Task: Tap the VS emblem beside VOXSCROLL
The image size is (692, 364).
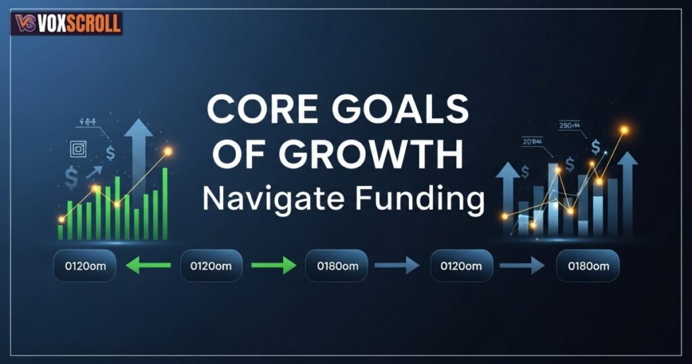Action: tap(24, 24)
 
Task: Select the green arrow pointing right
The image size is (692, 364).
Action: tap(274, 266)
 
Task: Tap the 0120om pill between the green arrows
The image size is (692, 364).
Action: tap(211, 266)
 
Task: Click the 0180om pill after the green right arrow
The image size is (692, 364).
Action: tap(337, 266)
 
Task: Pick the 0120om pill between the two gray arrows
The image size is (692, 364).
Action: tap(461, 266)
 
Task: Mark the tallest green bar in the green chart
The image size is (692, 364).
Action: tap(165, 203)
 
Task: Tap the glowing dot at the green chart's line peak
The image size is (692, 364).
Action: tap(168, 152)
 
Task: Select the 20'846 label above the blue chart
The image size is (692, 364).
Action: tap(532, 141)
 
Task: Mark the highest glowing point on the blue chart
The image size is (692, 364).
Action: tap(623, 130)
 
